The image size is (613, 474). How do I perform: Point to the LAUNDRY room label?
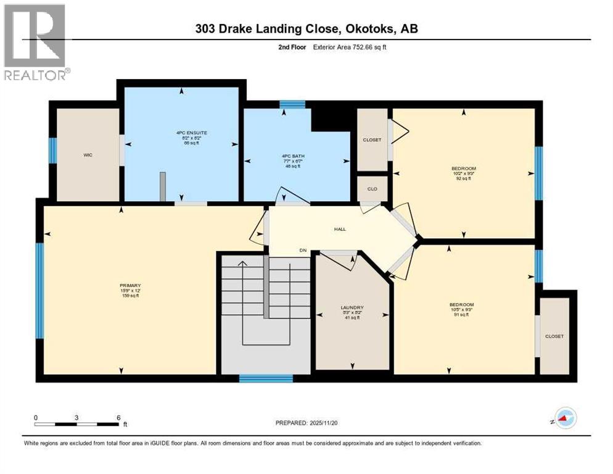tap(352, 307)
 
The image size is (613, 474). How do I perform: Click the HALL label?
tap(340, 229)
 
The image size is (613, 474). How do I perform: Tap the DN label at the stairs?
tap(303, 250)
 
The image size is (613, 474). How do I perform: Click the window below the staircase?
tap(265, 378)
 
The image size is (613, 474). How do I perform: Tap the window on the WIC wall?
tap(53, 150)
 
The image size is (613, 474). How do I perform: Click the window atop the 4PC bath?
tap(292, 104)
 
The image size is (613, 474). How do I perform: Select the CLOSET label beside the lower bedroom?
tap(554, 336)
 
